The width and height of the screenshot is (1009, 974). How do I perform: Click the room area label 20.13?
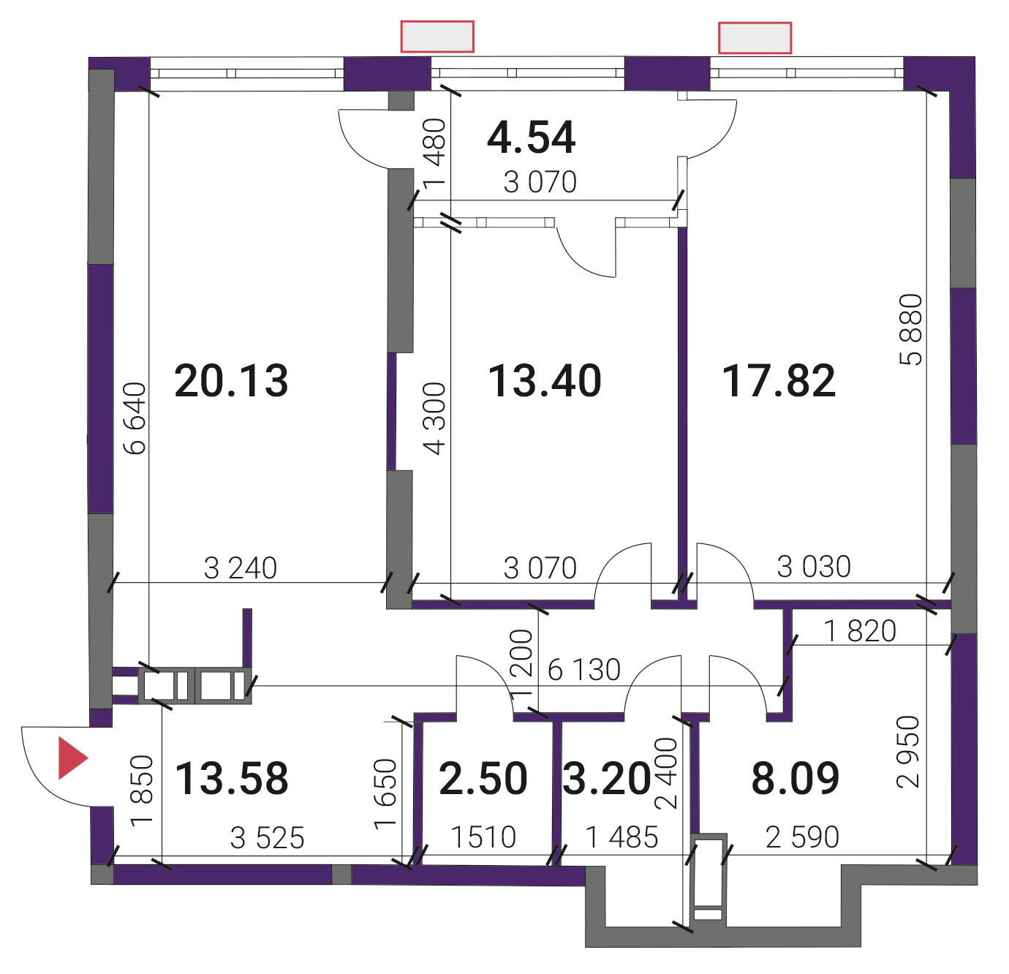(x=231, y=381)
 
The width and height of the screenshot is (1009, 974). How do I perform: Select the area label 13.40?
(x=545, y=381)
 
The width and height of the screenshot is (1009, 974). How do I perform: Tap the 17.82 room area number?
(x=779, y=381)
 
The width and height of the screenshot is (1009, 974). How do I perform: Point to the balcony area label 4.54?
(x=532, y=137)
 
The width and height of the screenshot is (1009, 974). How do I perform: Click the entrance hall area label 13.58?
(x=232, y=778)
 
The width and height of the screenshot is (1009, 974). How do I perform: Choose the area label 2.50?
(x=483, y=778)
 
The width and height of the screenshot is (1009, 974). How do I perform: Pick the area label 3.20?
(x=607, y=778)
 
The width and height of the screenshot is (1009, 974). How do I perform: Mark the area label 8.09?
(x=796, y=778)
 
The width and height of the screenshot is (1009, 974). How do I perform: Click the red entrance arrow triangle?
(x=72, y=758)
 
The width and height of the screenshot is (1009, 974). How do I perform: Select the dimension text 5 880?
(x=911, y=330)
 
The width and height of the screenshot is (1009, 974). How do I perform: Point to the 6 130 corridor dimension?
(x=584, y=670)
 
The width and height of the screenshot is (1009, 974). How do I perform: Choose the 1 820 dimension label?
(x=860, y=631)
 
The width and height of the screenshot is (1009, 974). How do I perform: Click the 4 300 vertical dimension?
(x=434, y=418)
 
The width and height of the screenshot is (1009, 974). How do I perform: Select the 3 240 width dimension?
(x=240, y=568)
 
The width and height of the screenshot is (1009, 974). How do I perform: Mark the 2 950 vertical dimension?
(x=908, y=752)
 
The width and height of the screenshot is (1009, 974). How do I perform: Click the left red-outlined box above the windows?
(x=437, y=37)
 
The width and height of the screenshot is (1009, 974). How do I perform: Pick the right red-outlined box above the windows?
(x=755, y=38)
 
